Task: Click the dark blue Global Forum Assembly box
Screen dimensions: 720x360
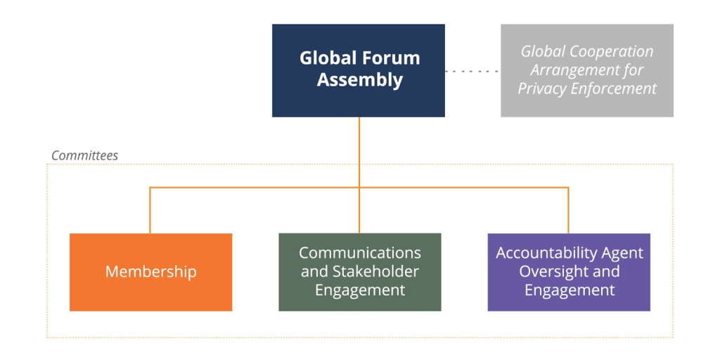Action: coord(358,70)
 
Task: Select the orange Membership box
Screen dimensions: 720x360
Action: coord(150,272)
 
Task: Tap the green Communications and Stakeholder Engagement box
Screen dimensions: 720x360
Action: coord(359,272)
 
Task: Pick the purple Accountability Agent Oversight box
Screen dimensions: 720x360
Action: coord(569,272)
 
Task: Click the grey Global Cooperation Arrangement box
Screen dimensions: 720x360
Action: coord(587,70)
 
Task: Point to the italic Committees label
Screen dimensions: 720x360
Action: coord(84,155)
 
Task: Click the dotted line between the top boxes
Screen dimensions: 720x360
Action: coord(472,71)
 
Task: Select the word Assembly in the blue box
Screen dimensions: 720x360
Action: coord(359,81)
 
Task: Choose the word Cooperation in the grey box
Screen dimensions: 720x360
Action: coord(613,51)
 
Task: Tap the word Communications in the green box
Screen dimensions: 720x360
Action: coord(359,253)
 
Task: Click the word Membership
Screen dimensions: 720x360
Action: coord(150,272)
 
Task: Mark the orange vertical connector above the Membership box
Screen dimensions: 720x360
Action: coord(150,210)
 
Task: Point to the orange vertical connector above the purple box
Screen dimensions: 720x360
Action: coord(568,210)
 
